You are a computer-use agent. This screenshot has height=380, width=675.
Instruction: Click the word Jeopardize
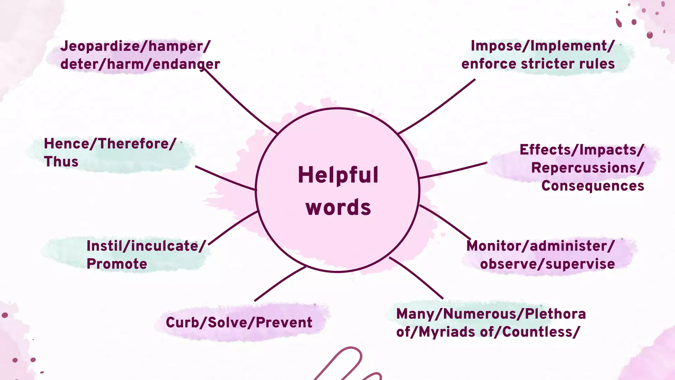pyautogui.click(x=100, y=47)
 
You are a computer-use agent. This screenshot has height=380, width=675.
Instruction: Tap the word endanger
pyautogui.click(x=186, y=64)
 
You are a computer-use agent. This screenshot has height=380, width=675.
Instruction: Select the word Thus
pyautogui.click(x=61, y=162)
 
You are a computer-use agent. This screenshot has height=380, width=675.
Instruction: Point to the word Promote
pyautogui.click(x=117, y=264)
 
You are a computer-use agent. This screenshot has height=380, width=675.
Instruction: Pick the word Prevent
pyautogui.click(x=284, y=322)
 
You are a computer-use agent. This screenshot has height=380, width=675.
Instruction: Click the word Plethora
pyautogui.click(x=555, y=314)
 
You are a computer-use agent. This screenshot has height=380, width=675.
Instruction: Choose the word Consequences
pyautogui.click(x=593, y=186)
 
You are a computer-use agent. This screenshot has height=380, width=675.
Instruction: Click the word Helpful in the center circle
pyautogui.click(x=338, y=175)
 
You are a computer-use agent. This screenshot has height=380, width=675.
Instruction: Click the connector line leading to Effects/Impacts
pyautogui.click(x=453, y=171)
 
